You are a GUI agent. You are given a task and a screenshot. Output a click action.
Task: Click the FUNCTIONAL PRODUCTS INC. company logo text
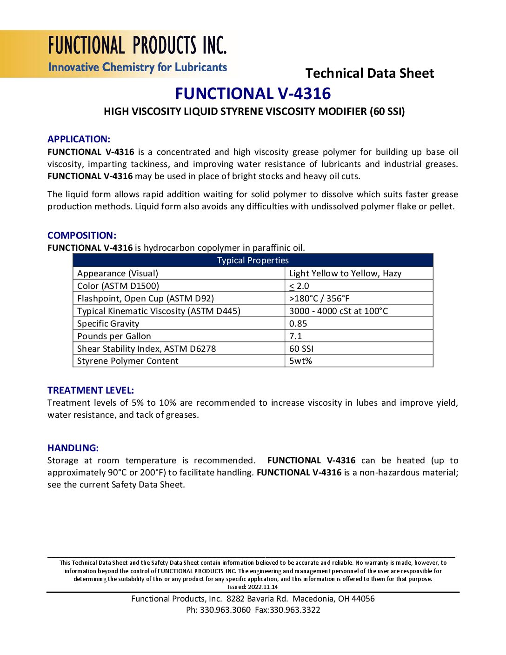tap(137, 46)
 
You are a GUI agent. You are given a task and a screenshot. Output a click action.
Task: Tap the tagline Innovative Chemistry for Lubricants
tap(137, 67)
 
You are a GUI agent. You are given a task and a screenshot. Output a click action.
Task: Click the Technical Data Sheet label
tap(370, 74)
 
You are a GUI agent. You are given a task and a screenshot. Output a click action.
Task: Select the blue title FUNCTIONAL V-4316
tap(253, 94)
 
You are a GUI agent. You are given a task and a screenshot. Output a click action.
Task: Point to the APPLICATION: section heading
tap(79, 139)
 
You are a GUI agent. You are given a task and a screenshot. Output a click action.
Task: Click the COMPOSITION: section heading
tap(82, 235)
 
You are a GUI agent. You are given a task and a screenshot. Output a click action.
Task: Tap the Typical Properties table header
tap(253, 261)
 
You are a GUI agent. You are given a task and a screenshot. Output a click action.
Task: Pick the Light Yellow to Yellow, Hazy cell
tap(345, 274)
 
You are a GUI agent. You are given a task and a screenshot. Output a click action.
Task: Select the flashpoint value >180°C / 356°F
tap(319, 299)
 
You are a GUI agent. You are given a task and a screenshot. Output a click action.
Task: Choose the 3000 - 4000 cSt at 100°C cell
tap(338, 311)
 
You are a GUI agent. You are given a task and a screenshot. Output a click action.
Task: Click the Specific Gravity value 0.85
tap(298, 324)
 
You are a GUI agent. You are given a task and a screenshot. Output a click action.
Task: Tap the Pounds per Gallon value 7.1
tap(295, 336)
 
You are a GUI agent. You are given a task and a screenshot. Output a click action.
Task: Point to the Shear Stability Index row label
tap(146, 349)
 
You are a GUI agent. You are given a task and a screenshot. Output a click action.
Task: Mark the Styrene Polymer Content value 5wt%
tap(300, 361)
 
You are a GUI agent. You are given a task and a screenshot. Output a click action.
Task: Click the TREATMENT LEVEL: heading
tap(91, 390)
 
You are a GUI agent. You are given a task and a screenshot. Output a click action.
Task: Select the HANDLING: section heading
tap(73, 448)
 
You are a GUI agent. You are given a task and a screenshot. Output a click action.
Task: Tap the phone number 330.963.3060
tap(225, 610)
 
